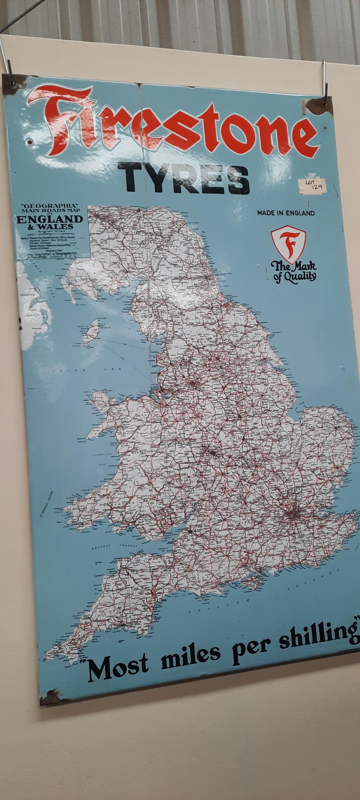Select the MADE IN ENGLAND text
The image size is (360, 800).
(286, 213)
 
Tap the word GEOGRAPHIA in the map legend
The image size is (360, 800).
(49, 206)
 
